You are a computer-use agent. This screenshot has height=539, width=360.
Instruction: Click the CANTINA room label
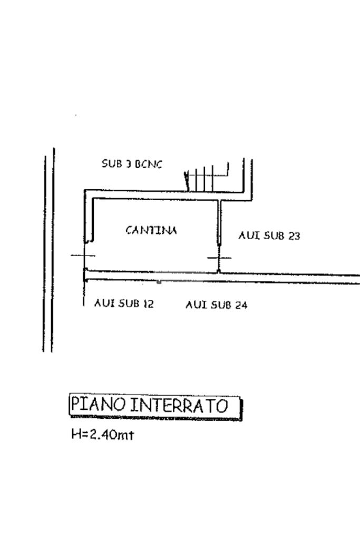click(x=151, y=230)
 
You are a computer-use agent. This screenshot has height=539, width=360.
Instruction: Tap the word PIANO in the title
click(x=99, y=405)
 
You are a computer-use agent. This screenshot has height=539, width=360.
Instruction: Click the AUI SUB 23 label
click(x=269, y=236)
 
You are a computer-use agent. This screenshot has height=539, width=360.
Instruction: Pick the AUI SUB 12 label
click(x=124, y=303)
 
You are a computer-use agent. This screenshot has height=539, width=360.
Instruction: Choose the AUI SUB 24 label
click(x=216, y=305)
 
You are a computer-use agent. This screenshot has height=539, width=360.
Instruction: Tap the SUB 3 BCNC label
click(x=132, y=164)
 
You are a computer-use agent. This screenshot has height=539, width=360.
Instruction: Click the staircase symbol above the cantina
click(x=208, y=178)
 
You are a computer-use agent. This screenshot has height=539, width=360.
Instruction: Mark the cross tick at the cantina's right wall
click(x=219, y=258)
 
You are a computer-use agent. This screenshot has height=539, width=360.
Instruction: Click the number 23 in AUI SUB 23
click(x=294, y=236)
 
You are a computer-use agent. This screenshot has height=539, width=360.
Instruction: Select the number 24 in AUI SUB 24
click(x=241, y=305)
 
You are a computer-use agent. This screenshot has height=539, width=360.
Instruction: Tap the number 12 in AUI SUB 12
click(x=148, y=303)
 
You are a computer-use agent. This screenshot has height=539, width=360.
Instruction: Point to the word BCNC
click(x=149, y=164)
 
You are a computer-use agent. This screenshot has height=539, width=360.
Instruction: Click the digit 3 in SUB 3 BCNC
click(x=128, y=164)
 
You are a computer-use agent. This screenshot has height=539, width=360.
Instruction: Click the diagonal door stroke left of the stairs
click(x=187, y=181)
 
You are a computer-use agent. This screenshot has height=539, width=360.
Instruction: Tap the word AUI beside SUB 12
click(x=103, y=303)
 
